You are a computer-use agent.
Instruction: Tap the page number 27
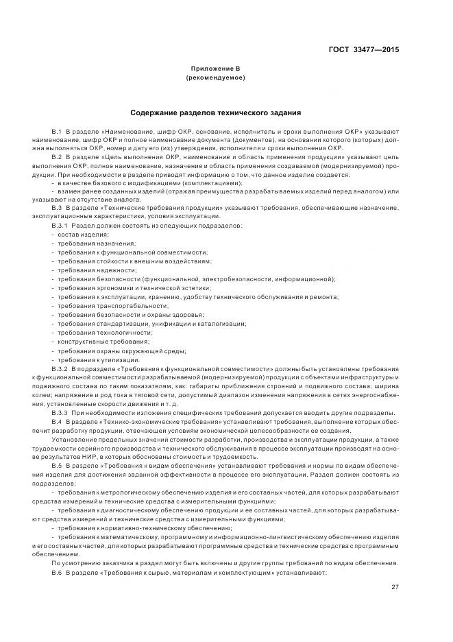point(395,586)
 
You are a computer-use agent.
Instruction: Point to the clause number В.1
point(57,130)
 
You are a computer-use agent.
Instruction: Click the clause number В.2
point(57,156)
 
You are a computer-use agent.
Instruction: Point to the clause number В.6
point(57,572)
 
